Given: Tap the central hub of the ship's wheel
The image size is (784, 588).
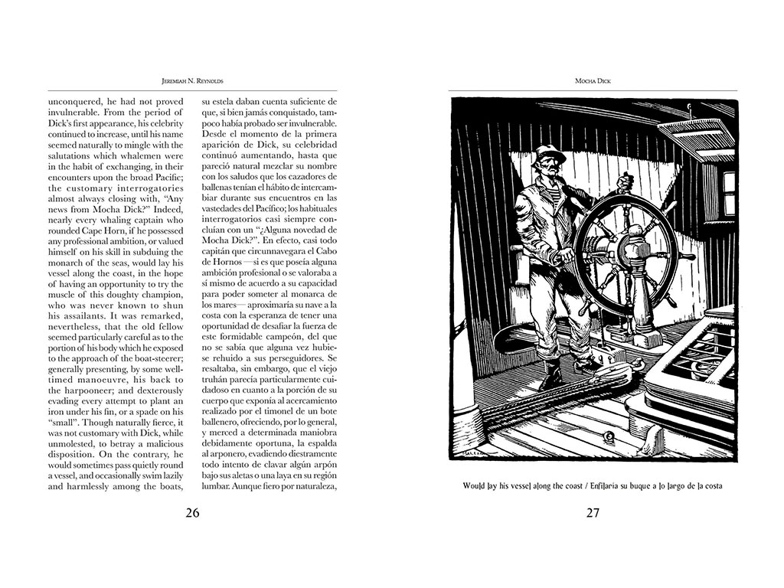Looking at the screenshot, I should tap(627, 249).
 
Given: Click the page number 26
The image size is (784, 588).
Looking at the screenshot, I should tap(192, 512).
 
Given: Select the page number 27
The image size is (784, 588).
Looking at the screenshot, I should tap(592, 512).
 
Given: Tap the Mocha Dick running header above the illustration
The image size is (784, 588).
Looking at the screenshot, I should tap(592, 79).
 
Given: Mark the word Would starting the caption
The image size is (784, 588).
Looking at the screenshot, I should tap(478, 485).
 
